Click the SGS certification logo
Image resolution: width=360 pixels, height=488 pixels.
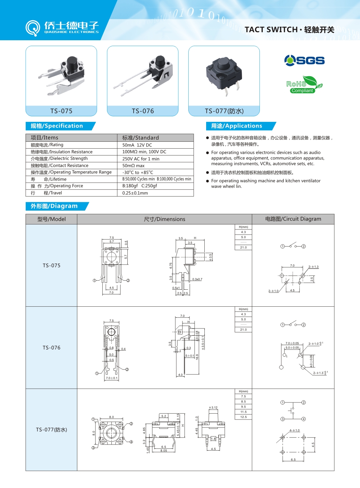coord(304,60)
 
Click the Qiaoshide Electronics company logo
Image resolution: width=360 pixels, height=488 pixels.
coord(62,28)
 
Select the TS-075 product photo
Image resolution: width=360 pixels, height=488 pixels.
coord(61,76)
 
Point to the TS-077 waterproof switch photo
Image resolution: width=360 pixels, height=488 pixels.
coord(224,76)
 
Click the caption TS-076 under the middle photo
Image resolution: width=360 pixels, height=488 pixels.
coord(143,111)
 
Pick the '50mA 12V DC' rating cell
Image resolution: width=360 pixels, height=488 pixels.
coord(137,145)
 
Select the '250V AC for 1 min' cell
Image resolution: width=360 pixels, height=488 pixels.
coord(141,159)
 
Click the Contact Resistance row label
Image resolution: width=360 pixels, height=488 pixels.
coord(60,166)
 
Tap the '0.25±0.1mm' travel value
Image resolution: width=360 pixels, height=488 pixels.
coord(135,193)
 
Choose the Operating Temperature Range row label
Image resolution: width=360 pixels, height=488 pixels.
coord(71,172)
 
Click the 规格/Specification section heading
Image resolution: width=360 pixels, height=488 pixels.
coord(57,126)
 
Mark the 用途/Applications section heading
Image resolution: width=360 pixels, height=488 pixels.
coord(237,126)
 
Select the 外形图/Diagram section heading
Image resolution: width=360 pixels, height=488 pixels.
coord(54,206)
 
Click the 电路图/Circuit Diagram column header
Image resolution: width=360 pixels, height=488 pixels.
coord(293,219)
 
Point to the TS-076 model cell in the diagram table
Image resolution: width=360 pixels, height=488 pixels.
coord(52,348)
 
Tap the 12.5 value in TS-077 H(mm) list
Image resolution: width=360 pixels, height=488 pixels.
coord(243,417)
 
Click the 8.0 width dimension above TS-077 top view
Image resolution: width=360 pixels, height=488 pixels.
coord(111,417)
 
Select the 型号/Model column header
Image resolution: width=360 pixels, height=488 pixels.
coord(52,219)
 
